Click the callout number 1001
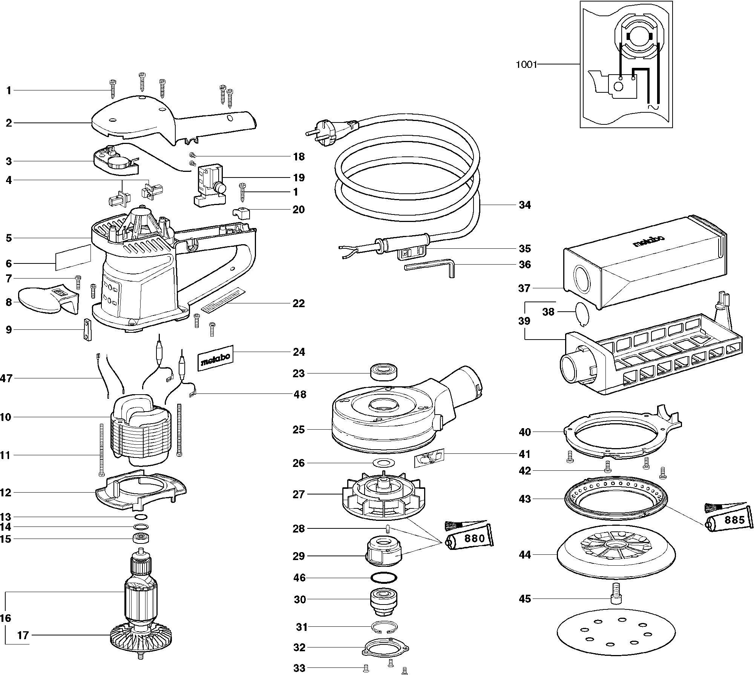(x=526, y=64)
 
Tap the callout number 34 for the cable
(x=525, y=205)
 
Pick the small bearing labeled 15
(x=141, y=538)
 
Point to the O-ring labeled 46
(x=384, y=577)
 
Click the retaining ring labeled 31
(x=383, y=627)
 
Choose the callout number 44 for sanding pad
(x=525, y=555)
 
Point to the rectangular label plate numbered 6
(x=73, y=257)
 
